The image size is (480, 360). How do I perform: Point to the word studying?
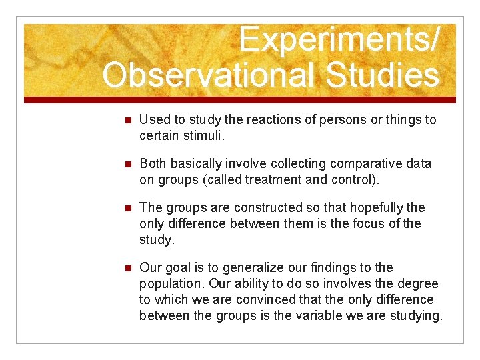click(416, 315)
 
